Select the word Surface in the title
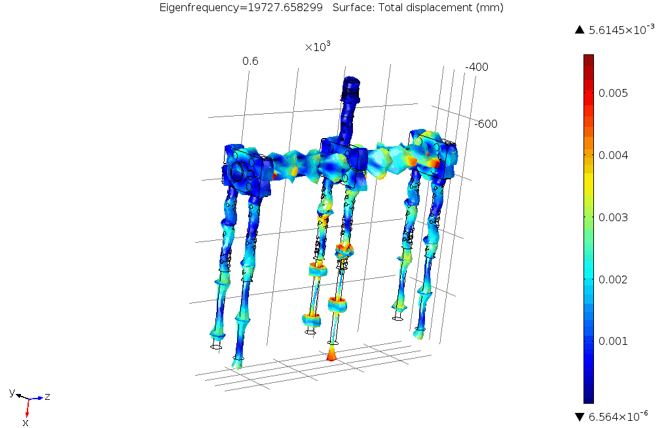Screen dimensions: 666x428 350,8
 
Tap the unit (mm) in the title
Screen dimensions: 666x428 489,8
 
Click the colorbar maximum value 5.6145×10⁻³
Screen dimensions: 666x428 621,29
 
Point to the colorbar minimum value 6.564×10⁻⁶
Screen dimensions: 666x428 618,416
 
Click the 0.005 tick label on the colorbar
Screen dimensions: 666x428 613,93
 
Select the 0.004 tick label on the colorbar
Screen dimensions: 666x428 613,155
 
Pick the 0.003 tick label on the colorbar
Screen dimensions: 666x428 613,217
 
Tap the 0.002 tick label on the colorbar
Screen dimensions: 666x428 613,279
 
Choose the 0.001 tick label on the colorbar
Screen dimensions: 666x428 613,341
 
